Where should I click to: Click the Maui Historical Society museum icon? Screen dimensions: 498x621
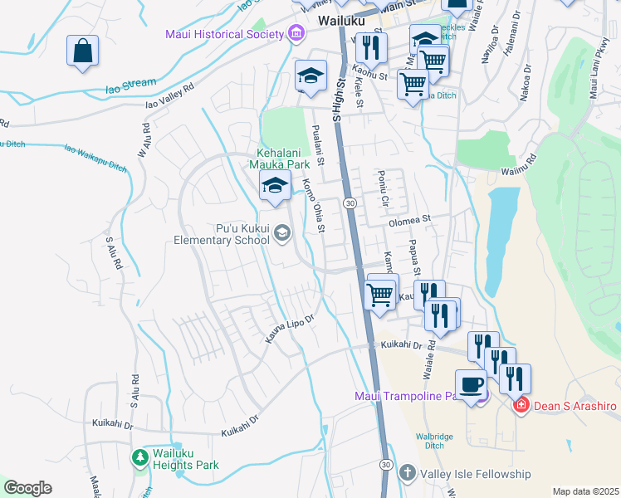pos(295,34)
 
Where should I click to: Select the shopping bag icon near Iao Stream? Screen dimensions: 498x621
pos(83,51)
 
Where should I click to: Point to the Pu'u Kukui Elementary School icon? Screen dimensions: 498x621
pos(283,233)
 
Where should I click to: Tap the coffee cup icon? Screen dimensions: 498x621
pos(472,385)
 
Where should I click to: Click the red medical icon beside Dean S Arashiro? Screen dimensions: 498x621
pos(521,405)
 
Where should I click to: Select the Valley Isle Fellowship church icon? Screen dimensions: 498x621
pos(407,474)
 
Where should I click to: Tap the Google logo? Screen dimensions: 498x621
pos(27,487)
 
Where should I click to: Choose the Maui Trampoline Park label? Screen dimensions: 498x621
pos(407,395)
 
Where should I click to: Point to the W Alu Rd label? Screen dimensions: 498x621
pos(144,142)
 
